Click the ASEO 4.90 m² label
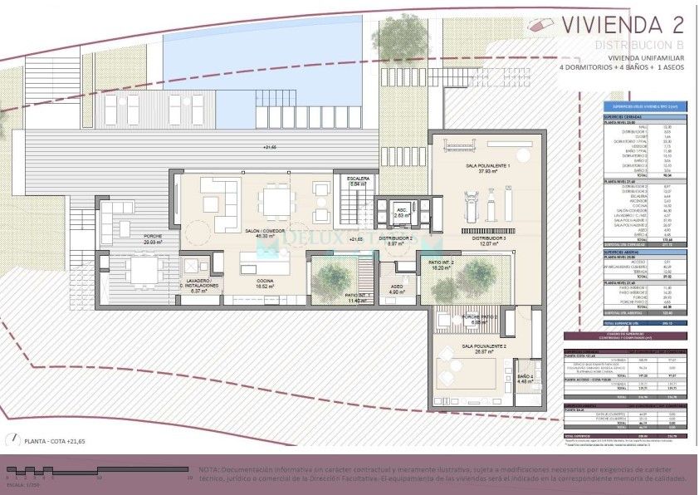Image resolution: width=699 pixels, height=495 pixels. pos(396,290)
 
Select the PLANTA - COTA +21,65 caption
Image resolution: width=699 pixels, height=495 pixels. pos(55,441)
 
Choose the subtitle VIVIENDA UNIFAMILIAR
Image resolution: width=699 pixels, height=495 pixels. pos(633,57)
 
